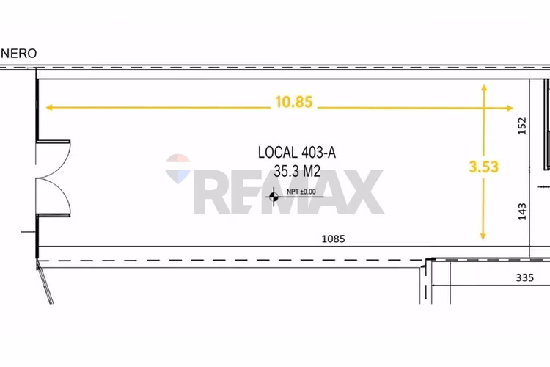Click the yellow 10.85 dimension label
[x=294, y=102]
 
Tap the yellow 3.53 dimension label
[x=484, y=167]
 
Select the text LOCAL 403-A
[x=297, y=153]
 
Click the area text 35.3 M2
[x=297, y=171]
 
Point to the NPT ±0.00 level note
[x=301, y=192]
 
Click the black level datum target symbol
[x=274, y=197]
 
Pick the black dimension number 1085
[x=333, y=239]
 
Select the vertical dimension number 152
[x=522, y=126]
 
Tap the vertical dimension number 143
[x=522, y=211]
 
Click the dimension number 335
[x=525, y=277]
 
